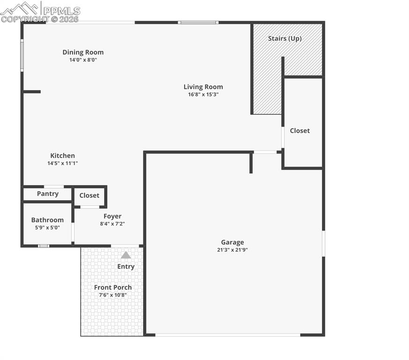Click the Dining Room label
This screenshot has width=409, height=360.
point(83,52)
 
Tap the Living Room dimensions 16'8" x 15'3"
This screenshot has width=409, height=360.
point(203,94)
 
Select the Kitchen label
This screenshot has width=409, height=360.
point(62,156)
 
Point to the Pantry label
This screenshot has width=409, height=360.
point(48,194)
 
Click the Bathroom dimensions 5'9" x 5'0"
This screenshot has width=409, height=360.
point(47,227)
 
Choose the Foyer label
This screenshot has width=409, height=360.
point(112,216)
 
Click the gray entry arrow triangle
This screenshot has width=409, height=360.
point(126,255)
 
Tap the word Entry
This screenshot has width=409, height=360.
point(126,266)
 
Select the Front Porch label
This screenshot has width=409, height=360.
point(113,287)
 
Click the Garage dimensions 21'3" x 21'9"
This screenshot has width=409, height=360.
point(232,250)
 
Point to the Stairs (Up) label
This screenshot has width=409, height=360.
point(284,38)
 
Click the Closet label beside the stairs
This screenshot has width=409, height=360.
point(299,131)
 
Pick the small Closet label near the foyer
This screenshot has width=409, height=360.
point(89,195)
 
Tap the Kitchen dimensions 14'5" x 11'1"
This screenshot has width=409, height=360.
point(62,163)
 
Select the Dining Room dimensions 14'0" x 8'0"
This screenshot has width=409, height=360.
point(83,60)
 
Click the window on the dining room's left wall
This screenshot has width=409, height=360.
point(22,55)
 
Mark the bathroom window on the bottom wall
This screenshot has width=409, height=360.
point(43,246)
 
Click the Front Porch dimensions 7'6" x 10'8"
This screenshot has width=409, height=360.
point(113,295)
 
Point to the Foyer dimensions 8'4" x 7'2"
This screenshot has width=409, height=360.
point(112,224)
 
